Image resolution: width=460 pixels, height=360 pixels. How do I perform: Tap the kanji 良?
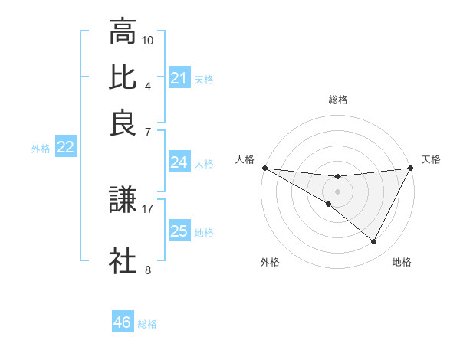click(123, 123)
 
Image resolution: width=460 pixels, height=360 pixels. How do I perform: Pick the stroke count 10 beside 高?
click(148, 39)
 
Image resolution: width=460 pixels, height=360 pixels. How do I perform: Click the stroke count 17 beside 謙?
click(148, 208)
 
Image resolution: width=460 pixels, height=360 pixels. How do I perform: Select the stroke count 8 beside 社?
click(148, 269)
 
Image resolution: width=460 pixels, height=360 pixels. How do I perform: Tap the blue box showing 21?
click(179, 78)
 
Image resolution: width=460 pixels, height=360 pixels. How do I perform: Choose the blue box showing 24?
click(179, 162)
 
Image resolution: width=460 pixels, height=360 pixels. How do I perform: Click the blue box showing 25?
click(179, 231)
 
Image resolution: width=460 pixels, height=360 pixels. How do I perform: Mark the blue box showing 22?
click(65, 148)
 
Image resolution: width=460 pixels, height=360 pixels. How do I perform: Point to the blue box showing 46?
click(122, 322)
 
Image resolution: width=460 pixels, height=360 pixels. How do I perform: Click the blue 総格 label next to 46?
click(147, 324)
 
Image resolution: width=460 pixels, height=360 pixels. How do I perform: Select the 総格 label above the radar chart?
click(337, 100)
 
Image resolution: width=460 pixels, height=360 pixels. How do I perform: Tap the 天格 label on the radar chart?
click(431, 159)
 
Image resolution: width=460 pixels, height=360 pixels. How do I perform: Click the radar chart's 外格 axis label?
click(270, 262)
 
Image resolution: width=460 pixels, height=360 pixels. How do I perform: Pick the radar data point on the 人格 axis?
click(264, 168)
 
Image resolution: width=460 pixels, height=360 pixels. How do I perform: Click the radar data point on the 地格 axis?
click(374, 242)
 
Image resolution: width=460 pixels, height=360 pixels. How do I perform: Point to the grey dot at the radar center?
click(337, 191)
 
